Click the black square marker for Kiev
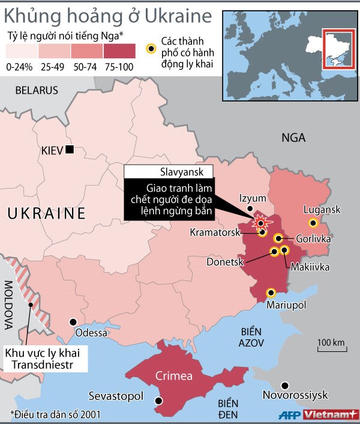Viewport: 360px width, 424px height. click(x=70, y=149)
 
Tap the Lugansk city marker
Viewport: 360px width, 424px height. click(x=313, y=223)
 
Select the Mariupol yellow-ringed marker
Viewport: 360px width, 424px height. click(x=271, y=292)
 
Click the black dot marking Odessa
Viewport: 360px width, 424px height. click(x=73, y=322)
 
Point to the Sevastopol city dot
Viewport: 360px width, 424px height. click(x=158, y=401)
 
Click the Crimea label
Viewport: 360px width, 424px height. click(x=174, y=376)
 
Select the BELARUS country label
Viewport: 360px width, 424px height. click(x=37, y=91)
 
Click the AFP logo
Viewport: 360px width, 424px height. click(x=289, y=415)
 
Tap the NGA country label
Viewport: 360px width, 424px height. click(x=293, y=138)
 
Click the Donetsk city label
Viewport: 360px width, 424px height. click(x=223, y=262)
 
